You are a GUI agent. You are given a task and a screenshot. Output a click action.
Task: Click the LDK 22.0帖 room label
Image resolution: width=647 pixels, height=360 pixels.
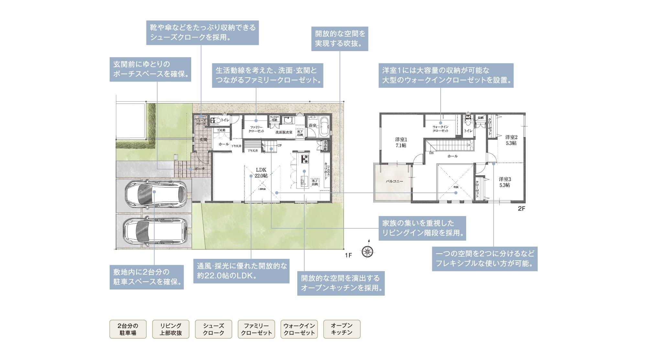pyautogui.click(x=261, y=173)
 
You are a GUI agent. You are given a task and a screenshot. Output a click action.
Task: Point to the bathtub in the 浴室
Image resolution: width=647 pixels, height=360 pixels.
pyautogui.click(x=324, y=127)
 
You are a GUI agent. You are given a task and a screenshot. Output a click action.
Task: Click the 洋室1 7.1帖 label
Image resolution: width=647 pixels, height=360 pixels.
pyautogui.click(x=401, y=142)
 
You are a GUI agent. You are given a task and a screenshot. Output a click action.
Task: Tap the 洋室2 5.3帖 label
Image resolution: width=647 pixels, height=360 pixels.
pyautogui.click(x=511, y=140)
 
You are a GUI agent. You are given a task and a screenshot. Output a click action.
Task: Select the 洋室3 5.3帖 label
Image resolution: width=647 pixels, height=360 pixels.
pyautogui.click(x=504, y=182)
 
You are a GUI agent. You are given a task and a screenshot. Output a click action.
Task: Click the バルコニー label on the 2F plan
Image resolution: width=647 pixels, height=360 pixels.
pyautogui.click(x=394, y=181)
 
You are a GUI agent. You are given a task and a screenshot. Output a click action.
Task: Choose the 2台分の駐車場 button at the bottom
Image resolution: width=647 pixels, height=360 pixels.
pyautogui.click(x=128, y=329)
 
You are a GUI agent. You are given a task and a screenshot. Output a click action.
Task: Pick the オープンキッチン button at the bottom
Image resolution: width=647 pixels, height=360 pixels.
pyautogui.click(x=342, y=329)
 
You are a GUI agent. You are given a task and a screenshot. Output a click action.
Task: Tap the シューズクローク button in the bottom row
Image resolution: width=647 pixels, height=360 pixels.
pyautogui.click(x=214, y=329)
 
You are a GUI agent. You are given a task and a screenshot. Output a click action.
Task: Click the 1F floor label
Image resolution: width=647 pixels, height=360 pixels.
pyautogui.click(x=348, y=256)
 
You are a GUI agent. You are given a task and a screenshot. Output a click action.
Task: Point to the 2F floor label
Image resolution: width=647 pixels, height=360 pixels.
pyautogui.click(x=521, y=209)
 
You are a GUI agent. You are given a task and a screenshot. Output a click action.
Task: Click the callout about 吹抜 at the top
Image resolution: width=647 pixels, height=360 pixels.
pyautogui.click(x=340, y=38)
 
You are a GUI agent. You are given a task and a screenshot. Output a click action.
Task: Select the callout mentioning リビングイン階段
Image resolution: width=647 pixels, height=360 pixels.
pyautogui.click(x=422, y=228)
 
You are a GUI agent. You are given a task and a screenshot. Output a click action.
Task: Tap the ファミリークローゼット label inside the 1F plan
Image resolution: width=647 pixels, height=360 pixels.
pyautogui.click(x=256, y=129)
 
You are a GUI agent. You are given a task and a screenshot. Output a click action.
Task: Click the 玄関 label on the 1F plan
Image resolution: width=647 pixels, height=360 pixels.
pyautogui.click(x=203, y=140)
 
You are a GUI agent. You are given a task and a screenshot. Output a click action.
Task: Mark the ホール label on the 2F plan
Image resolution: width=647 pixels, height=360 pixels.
pyautogui.click(x=452, y=156)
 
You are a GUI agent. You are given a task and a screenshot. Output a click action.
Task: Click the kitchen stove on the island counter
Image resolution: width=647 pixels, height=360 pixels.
pyautogui.click(x=305, y=159)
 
